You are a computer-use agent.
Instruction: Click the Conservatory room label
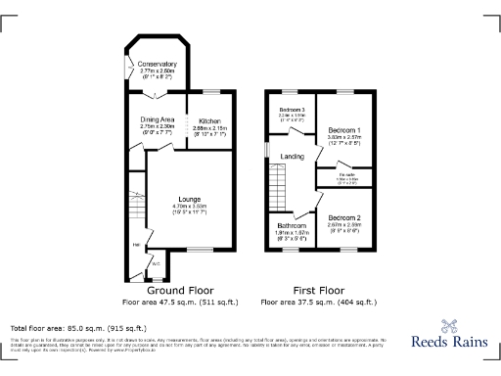click(x=158, y=64)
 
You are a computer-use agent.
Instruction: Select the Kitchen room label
click(x=209, y=121)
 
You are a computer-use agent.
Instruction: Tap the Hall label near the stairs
click(x=137, y=244)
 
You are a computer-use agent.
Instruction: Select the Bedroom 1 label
click(x=344, y=129)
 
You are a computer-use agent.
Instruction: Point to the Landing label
click(x=292, y=156)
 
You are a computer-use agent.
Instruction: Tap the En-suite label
click(x=347, y=175)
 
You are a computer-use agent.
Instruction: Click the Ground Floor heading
click(x=179, y=291)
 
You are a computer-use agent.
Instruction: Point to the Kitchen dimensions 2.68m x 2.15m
click(x=209, y=128)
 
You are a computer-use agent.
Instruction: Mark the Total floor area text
click(x=78, y=328)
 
